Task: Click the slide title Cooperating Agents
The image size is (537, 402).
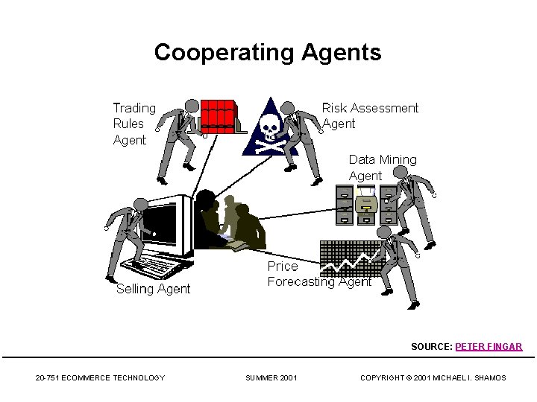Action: click(267, 53)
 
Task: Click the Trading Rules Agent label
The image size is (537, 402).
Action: click(134, 124)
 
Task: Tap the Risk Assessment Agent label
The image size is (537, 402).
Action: click(370, 115)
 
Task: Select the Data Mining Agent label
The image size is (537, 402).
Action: click(383, 167)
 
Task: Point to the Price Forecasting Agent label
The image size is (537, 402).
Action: click(319, 274)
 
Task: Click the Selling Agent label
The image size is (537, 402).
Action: click(153, 289)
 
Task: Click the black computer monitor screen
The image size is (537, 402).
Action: click(158, 228)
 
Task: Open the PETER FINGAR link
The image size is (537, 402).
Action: click(489, 347)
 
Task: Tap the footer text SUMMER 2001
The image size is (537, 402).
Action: click(271, 378)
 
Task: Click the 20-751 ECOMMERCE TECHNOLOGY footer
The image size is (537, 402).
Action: click(100, 378)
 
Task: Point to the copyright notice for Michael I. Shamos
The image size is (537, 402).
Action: click(433, 378)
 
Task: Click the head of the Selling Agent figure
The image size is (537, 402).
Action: click(139, 205)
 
